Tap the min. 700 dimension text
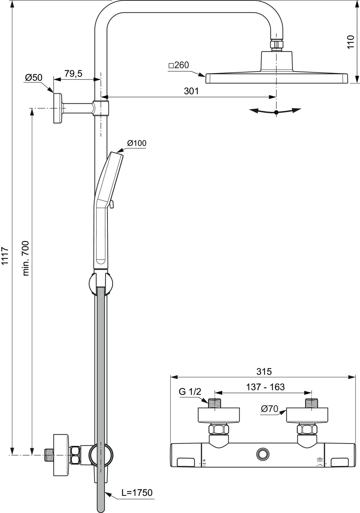coord(25,258)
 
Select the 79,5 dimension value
coord(73,73)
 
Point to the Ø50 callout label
coord(34,78)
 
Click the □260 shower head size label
coord(179,65)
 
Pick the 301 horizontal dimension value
coord(191,91)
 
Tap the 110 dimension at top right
coord(351,42)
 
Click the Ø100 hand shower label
coord(136,143)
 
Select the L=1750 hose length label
coord(137,492)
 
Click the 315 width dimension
coord(264,371)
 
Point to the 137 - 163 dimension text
coord(265,387)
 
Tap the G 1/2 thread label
coord(190,392)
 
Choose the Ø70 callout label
coord(269,409)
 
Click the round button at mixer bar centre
coord(263,454)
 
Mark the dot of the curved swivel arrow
coord(276,112)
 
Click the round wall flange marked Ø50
coord(57,108)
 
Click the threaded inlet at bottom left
coord(48,455)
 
